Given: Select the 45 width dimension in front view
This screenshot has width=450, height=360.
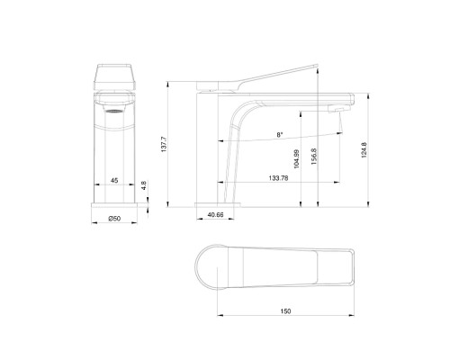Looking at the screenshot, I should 114,181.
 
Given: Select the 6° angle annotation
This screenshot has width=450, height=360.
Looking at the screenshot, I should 280,135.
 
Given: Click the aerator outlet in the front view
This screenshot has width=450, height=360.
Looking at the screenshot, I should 115,112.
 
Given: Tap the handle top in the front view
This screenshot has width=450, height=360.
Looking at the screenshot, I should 116,74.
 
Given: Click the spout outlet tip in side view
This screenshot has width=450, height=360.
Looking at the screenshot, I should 338,106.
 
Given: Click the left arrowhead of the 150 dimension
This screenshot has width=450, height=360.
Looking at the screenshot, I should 220,315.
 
